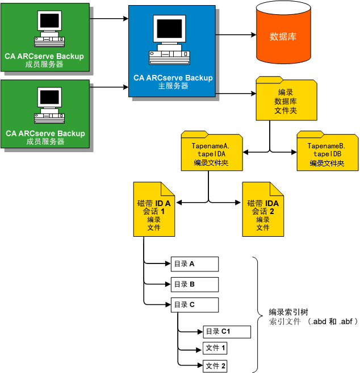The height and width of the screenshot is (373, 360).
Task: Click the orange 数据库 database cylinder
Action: (x=282, y=36)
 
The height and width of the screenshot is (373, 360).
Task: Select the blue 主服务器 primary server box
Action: (x=172, y=51)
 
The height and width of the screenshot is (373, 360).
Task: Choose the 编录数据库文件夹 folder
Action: (x=286, y=100)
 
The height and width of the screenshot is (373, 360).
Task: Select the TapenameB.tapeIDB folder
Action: (x=327, y=152)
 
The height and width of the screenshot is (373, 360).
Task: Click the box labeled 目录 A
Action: (x=194, y=264)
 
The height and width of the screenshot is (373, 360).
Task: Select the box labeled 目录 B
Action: (x=194, y=284)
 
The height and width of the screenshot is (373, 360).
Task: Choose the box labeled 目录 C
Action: (x=194, y=305)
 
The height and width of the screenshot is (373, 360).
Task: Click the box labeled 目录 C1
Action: (x=219, y=332)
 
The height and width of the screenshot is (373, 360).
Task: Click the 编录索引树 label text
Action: (x=288, y=312)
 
